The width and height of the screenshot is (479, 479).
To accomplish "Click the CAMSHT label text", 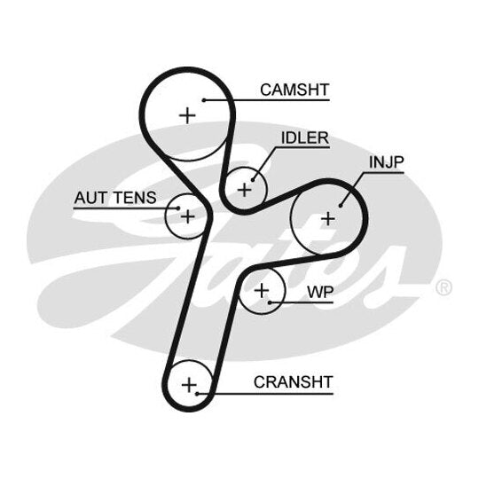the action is (x=294, y=90).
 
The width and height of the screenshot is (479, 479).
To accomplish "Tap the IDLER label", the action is (x=305, y=138).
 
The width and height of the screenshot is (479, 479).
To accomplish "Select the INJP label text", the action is (x=387, y=162).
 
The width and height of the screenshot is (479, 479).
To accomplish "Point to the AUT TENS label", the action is (x=115, y=198).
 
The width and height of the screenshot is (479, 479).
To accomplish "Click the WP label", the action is (x=320, y=293).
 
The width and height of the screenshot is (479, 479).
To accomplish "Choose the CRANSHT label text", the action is (x=294, y=382).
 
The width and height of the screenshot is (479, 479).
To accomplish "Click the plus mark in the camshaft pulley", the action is (x=187, y=116).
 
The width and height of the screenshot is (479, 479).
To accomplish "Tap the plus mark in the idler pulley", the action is (x=245, y=190).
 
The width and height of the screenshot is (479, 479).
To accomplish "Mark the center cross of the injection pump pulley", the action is (x=328, y=219).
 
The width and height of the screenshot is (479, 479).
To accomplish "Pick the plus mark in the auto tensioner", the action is (x=187, y=216).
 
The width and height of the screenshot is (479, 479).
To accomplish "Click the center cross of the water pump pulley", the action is (x=262, y=290).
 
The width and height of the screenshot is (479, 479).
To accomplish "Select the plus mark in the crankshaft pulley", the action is (x=189, y=385).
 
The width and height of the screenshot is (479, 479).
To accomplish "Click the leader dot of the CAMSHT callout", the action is (x=204, y=100).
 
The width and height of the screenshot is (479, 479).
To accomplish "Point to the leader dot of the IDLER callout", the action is (x=253, y=180).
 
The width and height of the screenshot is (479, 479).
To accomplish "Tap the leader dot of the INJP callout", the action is (x=341, y=206).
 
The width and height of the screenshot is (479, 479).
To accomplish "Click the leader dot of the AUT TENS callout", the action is (x=178, y=208).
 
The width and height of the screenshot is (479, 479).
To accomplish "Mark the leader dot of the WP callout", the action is (x=270, y=302).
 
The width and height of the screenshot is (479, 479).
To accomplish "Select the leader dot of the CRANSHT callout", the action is (x=197, y=394).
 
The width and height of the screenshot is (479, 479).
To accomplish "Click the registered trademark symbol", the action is (x=444, y=287).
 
